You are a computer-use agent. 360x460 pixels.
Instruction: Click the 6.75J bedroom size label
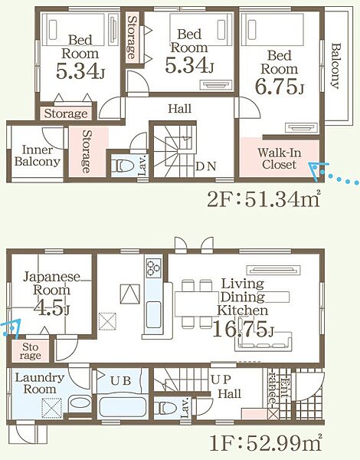tap(280, 86)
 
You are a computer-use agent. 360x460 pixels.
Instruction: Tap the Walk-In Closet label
tap(279, 159)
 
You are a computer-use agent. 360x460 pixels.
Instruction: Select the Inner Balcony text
tap(38, 156)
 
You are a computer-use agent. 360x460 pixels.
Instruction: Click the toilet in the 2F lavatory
tap(122, 166)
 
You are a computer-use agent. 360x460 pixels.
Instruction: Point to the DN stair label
tap(206, 166)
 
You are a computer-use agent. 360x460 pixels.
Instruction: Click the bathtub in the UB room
tap(123, 406)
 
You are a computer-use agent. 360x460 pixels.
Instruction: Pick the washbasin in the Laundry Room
tap(80, 402)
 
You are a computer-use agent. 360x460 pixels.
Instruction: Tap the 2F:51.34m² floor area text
tap(263, 200)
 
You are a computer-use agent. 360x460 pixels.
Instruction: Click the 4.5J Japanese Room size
tap(51, 307)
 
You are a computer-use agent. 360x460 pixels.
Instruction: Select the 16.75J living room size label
tap(243, 329)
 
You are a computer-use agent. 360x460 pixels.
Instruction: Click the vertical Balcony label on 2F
tap(336, 66)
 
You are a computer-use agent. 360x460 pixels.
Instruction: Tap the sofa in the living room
tap(263, 341)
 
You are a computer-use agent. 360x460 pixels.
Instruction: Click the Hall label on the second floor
tap(180, 109)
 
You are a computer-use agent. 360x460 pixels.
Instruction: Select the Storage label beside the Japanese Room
tap(30, 351)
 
